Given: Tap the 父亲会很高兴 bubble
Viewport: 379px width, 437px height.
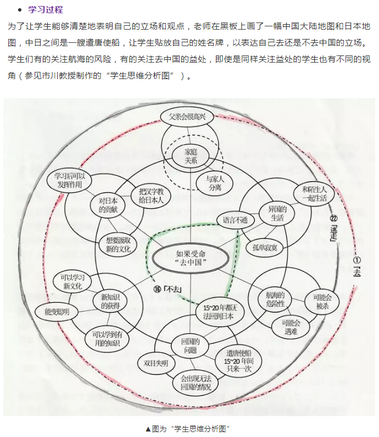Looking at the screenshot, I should click(187, 116).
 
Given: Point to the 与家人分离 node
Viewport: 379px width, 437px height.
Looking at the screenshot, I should click(216, 183).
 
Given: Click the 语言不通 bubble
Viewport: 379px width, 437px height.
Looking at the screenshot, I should click(236, 220).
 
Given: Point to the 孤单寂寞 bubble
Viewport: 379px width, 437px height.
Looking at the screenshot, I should click(265, 247).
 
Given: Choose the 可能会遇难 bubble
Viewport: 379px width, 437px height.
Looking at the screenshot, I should click(291, 327).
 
